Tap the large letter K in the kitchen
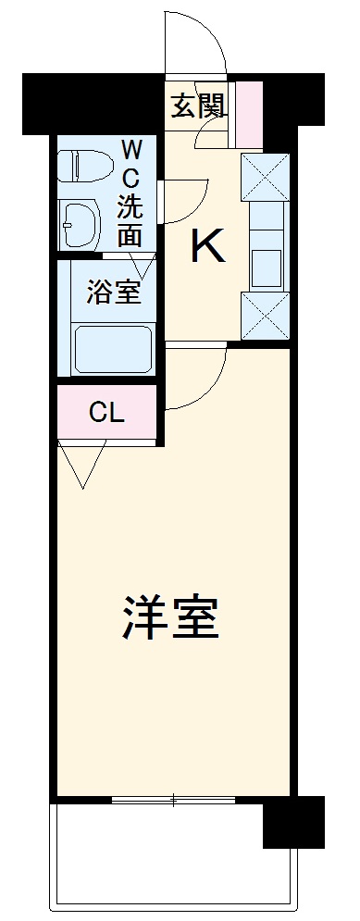[208, 246]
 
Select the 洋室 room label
[172, 617]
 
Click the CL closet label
[106, 413]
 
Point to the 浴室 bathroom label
[114, 292]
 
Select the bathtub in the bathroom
[111, 349]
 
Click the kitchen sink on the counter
[266, 267]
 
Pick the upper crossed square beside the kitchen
[266, 175]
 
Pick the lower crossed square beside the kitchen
[266, 316]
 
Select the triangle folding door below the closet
[81, 463]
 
